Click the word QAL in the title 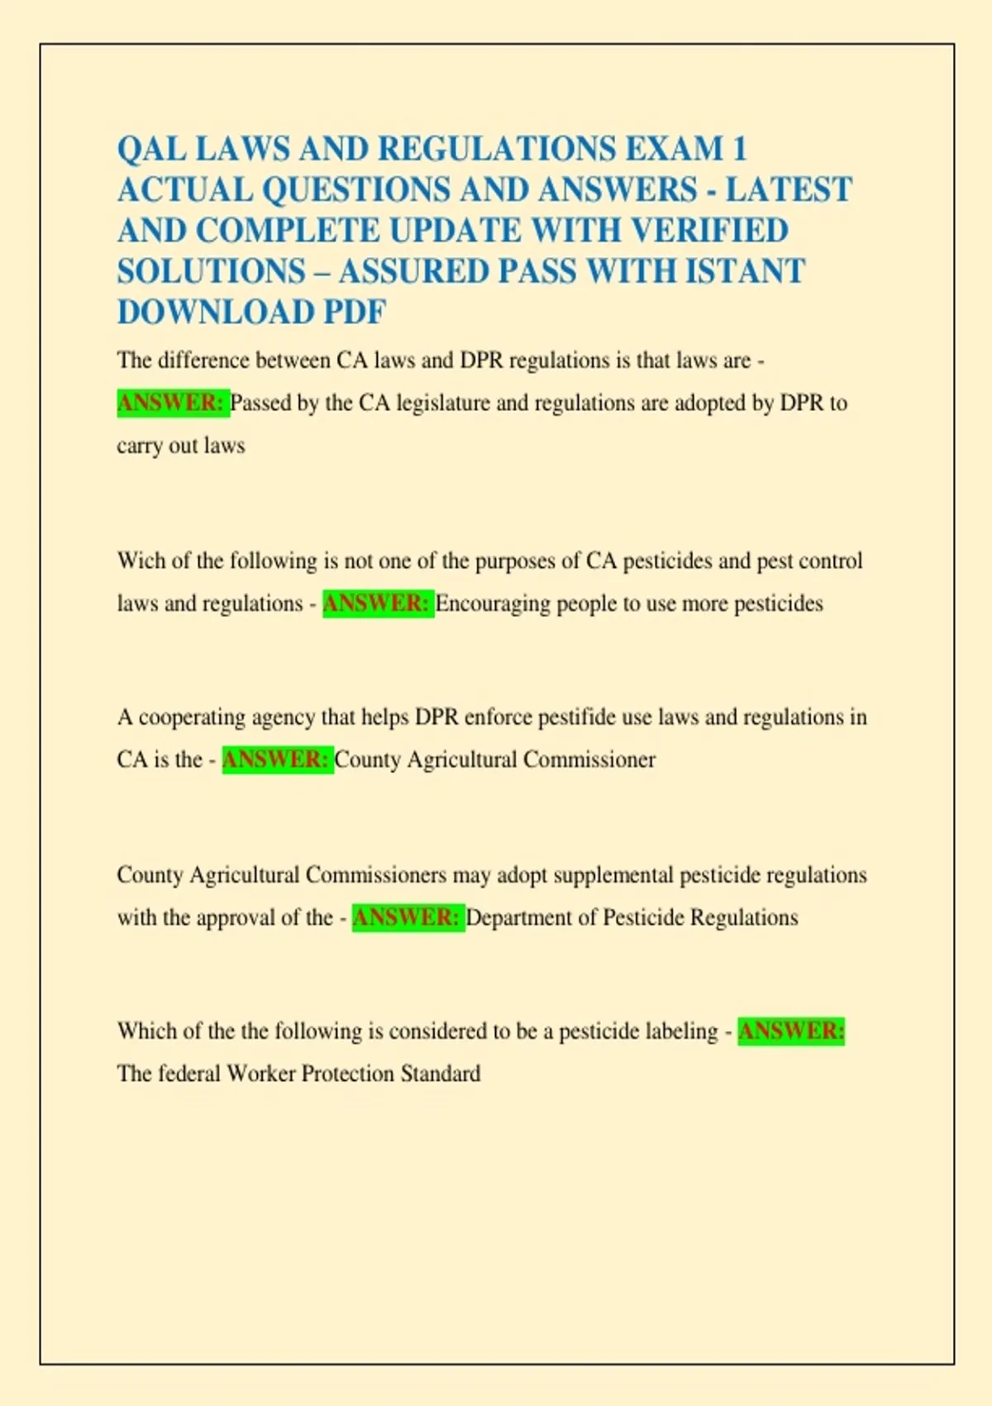click(x=145, y=150)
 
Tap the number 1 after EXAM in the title click(x=739, y=150)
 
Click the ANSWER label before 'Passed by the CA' click(x=172, y=403)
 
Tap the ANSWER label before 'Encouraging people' click(x=377, y=603)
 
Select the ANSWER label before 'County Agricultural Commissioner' click(x=277, y=759)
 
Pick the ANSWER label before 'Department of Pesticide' click(x=407, y=917)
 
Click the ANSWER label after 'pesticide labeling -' click(x=791, y=1031)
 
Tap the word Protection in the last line click(x=347, y=1074)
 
